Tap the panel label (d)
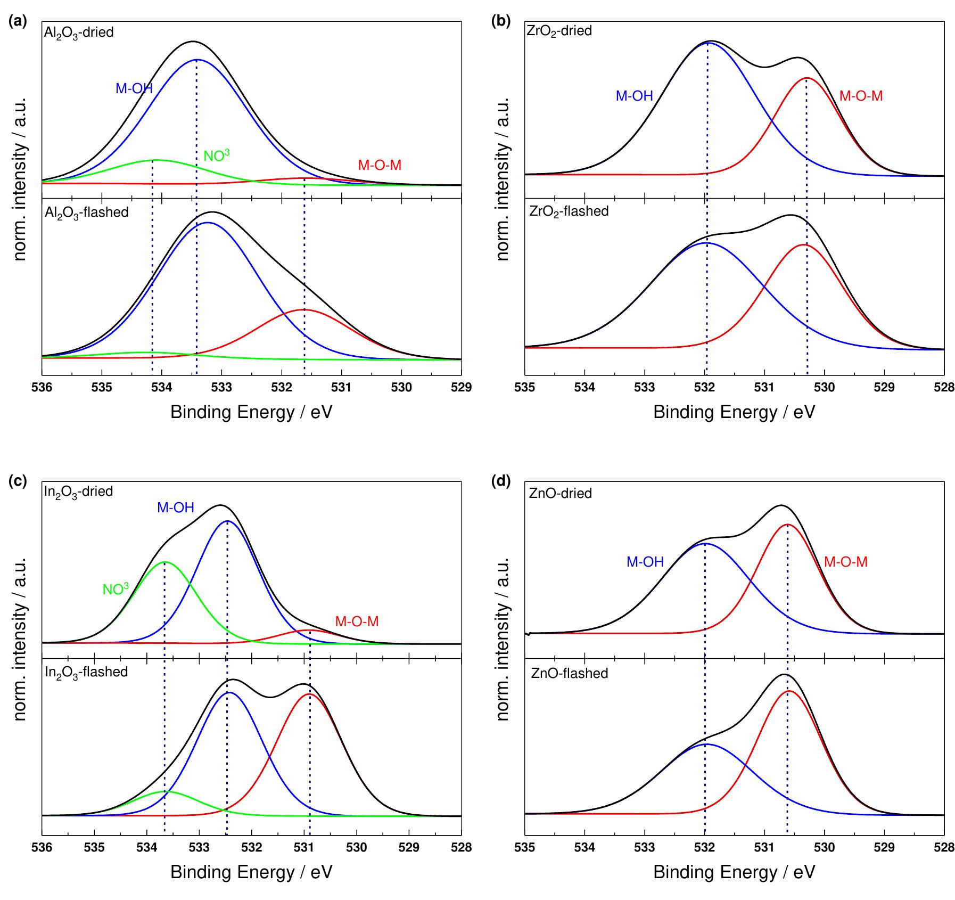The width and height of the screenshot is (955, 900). [501, 481]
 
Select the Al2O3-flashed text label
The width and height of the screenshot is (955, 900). [86, 212]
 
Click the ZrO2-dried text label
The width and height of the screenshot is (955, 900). [559, 31]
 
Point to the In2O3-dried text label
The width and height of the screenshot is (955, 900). [78, 492]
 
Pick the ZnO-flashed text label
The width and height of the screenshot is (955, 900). [570, 673]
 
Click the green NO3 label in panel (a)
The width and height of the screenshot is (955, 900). [217, 155]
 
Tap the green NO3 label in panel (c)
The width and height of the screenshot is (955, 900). [116, 588]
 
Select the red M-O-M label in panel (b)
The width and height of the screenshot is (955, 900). [861, 96]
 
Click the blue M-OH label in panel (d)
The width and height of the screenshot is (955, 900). [645, 561]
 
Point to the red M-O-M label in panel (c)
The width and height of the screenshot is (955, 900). [357, 621]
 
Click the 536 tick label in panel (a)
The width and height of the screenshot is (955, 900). [42, 387]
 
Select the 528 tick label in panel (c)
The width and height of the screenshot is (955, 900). [461, 847]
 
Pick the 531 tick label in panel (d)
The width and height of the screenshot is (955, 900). [764, 847]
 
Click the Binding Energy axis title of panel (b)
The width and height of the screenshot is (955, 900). [734, 412]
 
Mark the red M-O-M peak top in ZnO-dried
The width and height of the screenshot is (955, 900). [787, 525]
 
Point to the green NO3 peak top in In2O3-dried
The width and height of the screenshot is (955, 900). [165, 562]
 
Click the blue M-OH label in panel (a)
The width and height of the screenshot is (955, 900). [134, 88]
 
